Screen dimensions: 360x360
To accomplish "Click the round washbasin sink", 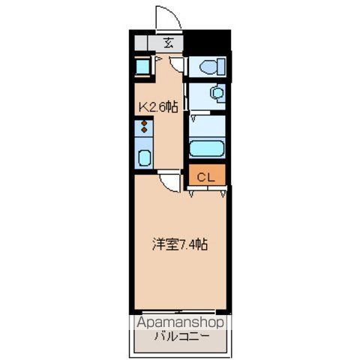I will click(x=216, y=94).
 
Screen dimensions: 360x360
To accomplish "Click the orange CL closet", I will click(x=207, y=177).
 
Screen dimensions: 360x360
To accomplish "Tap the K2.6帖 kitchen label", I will click(x=157, y=107).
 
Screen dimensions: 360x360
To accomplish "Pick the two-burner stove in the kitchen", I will click(x=145, y=131).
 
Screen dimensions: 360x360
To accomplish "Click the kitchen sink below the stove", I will click(x=145, y=157).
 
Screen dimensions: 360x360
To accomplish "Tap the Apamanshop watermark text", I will click(x=182, y=323).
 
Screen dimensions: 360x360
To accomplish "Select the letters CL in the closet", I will click(x=207, y=177).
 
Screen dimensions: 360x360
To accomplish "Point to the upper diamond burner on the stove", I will click(x=145, y=125).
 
